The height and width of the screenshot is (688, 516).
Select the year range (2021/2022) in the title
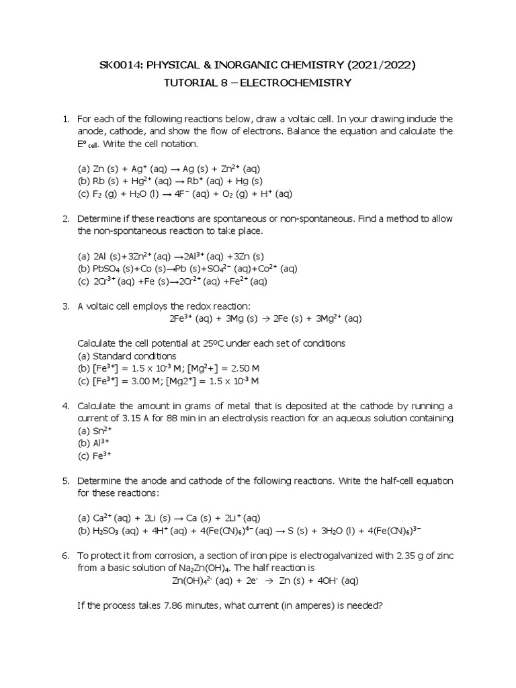pyautogui.click(x=381, y=64)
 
